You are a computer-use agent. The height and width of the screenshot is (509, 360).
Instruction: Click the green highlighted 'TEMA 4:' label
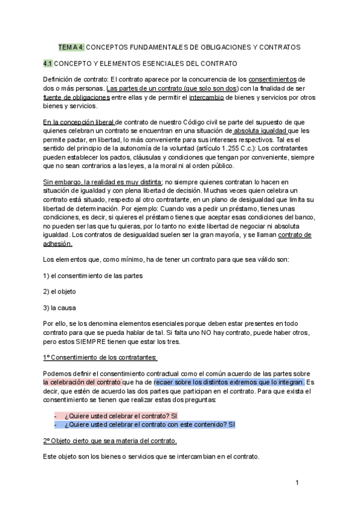(71, 46)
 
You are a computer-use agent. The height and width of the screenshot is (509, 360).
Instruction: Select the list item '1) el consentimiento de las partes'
(93, 276)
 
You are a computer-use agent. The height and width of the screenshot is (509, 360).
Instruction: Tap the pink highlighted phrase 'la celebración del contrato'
(82, 382)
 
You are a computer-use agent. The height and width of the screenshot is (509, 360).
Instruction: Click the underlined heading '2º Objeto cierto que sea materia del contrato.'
(110, 441)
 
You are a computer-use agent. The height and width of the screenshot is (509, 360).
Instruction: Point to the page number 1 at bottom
(298, 483)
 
